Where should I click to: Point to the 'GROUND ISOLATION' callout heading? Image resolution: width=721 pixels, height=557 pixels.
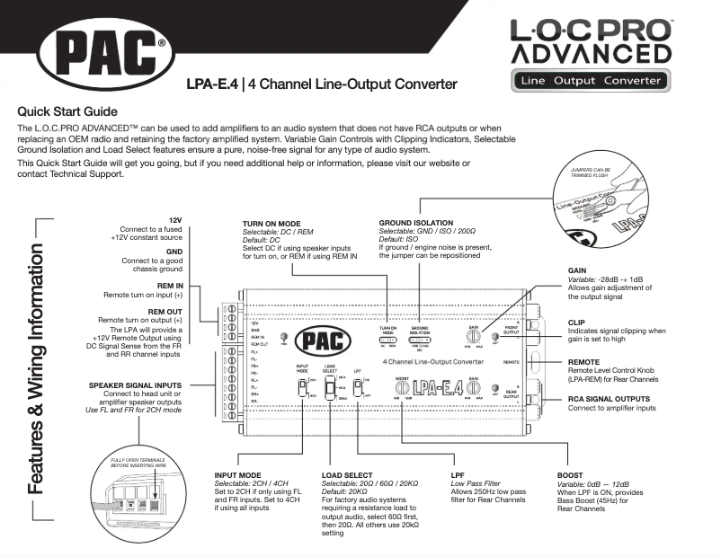pos(416,223)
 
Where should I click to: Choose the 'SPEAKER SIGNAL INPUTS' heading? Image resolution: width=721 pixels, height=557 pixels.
pos(135,385)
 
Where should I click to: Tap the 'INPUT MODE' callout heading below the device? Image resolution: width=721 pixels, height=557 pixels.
pos(237,475)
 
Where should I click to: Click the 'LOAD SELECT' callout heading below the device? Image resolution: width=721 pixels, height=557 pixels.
pos(346,475)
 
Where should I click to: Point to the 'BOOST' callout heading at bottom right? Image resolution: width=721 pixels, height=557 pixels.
pos(570,475)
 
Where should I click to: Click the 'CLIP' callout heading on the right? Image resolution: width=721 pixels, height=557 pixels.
pos(577,321)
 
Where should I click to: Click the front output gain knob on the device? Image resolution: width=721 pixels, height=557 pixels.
pos(473,335)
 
